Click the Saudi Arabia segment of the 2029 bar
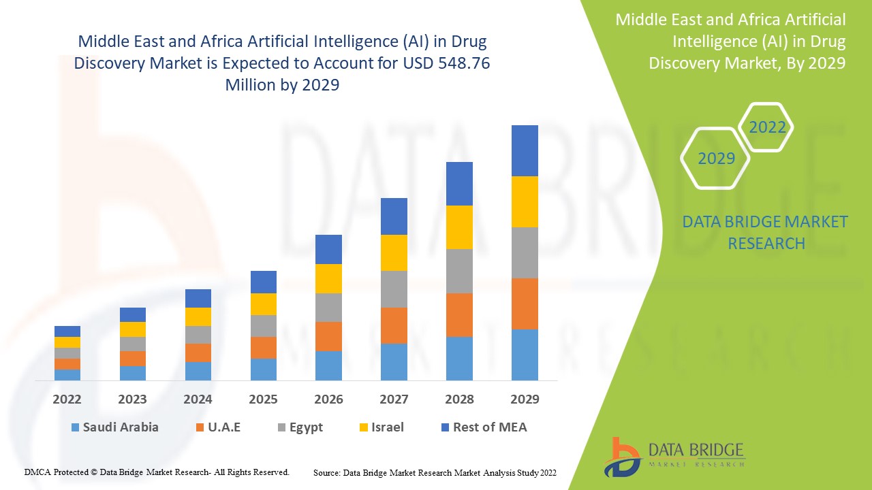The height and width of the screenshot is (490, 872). point(525,355)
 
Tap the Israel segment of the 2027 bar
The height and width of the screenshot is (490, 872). point(394,252)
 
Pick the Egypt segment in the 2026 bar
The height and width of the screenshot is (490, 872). point(328,308)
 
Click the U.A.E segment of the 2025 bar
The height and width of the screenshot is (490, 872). point(264,347)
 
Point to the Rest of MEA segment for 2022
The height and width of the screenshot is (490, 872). point(67,331)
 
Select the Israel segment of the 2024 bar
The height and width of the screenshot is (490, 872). point(198,316)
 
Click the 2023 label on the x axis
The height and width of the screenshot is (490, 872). point(133,399)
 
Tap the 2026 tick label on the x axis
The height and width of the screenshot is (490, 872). point(328,399)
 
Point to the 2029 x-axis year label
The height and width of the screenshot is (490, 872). point(525,399)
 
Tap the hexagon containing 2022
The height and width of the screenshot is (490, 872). point(767,127)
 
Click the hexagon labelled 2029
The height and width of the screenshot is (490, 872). point(716,159)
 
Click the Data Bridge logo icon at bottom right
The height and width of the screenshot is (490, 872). point(623,457)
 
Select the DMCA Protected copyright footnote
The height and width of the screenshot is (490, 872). point(157,472)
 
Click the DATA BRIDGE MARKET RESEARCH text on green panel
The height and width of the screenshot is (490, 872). point(765,232)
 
